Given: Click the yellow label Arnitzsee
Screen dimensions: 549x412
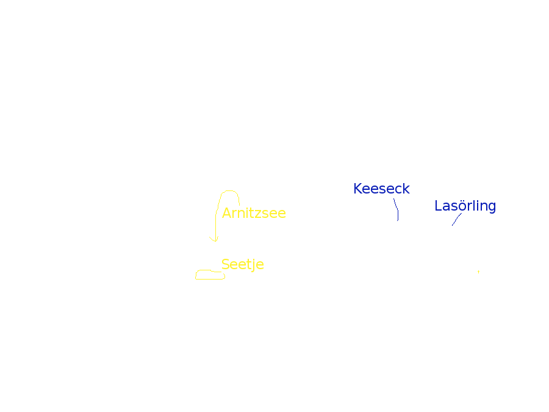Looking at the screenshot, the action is point(254,213).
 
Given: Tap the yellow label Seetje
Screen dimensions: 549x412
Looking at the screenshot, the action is point(243,264).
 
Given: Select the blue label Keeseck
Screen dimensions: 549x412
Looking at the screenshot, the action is point(381,189).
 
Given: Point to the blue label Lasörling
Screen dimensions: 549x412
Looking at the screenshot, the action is point(465,206).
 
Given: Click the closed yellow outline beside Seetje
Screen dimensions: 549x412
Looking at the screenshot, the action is point(210,275).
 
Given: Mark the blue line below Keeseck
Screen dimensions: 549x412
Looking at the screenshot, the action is point(396,209).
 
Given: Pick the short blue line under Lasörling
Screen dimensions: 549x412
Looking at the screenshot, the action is point(456,219).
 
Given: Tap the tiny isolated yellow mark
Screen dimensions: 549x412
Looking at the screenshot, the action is point(479,272).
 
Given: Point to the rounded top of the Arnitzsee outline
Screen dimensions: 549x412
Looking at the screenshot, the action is point(230,191).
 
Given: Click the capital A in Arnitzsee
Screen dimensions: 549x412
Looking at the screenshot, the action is point(227,213).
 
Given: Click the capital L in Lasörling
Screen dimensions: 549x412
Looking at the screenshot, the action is point(439,206).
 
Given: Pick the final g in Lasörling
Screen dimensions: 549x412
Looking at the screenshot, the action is point(492,208).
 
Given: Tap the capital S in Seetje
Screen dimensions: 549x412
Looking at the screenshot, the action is point(226,264).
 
